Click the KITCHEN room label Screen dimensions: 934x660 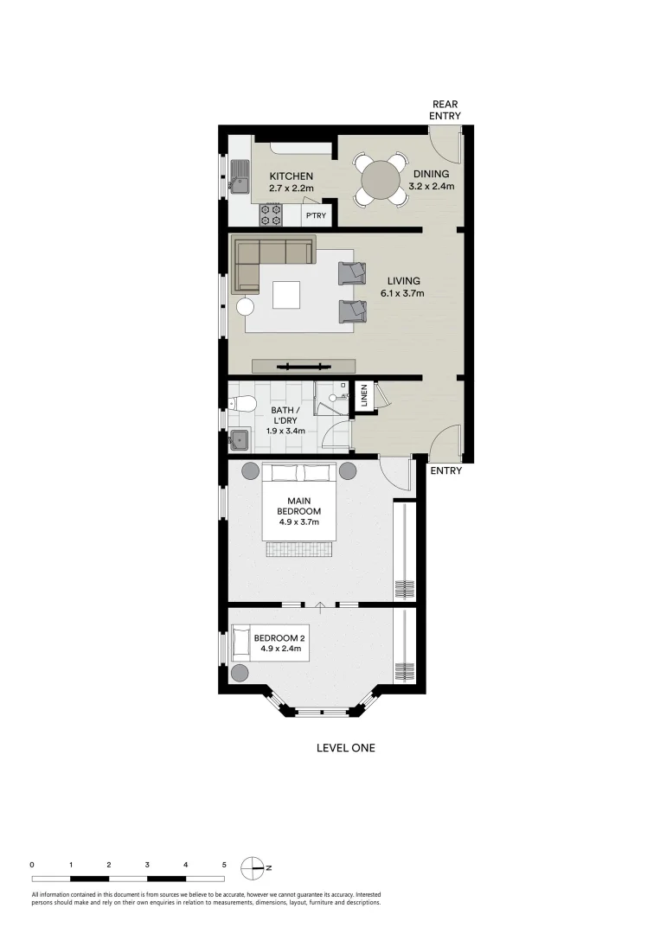[291, 176]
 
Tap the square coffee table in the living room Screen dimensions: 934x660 [288, 296]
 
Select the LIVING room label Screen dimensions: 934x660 [403, 281]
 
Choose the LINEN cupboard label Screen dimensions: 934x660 [364, 396]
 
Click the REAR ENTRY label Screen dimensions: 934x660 [446, 110]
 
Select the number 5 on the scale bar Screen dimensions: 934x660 [224, 864]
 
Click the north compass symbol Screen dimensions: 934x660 [253, 866]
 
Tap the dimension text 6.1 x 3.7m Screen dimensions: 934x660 [403, 294]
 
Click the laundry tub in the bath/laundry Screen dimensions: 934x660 [240, 440]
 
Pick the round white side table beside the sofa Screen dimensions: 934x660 [245, 306]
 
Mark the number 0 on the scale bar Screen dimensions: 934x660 [32, 864]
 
